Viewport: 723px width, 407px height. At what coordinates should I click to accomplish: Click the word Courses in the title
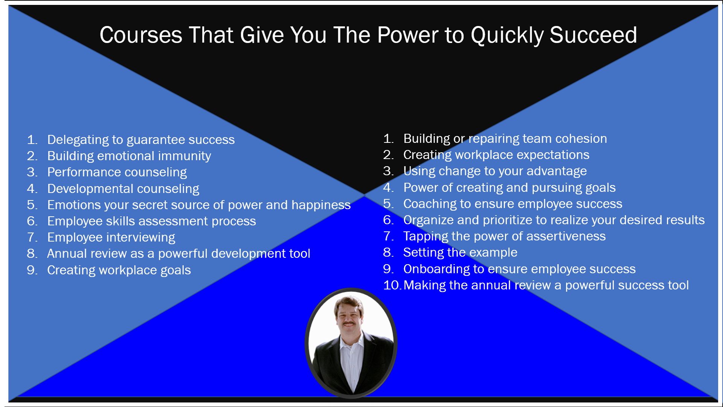tap(141, 35)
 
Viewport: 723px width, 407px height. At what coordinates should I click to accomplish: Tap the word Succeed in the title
tap(593, 35)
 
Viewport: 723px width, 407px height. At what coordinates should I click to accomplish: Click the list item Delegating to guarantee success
tap(141, 140)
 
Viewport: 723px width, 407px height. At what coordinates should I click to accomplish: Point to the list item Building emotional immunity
tap(129, 156)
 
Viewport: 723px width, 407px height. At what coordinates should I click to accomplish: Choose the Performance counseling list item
tap(117, 172)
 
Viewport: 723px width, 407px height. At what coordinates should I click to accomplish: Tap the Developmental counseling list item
tap(123, 188)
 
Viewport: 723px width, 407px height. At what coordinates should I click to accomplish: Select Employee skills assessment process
tap(151, 221)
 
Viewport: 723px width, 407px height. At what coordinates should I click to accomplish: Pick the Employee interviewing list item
tap(111, 237)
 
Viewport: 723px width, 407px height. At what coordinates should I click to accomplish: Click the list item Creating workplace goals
tap(119, 270)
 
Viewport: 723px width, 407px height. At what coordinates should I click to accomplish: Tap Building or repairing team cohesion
tap(505, 139)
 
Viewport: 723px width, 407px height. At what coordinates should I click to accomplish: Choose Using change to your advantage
tap(495, 171)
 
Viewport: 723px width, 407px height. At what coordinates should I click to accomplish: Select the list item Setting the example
tap(460, 252)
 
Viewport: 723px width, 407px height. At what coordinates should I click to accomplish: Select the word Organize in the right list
tap(429, 220)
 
